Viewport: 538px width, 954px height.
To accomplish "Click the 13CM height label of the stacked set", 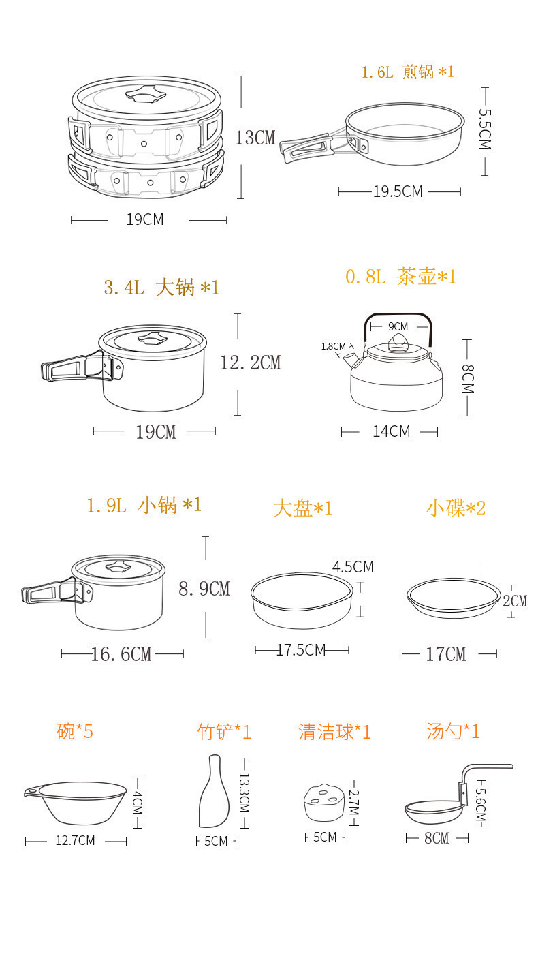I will click(255, 137).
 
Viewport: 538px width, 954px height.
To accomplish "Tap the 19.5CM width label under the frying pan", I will click(398, 191).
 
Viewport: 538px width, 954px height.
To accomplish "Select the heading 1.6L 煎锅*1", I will click(407, 72).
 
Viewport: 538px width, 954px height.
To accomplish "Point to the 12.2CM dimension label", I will click(250, 363).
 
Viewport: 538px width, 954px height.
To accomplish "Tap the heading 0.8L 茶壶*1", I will click(400, 277).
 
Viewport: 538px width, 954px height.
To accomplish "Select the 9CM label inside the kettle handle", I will click(398, 326).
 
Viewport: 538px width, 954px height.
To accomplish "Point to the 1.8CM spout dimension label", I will click(334, 346).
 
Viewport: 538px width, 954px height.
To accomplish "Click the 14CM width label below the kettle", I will click(391, 431).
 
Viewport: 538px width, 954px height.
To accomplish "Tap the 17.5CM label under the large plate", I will click(301, 650).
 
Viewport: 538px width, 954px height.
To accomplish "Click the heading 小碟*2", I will click(456, 508).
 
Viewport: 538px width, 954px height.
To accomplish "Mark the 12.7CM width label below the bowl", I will click(75, 841).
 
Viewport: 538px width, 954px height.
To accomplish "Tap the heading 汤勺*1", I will click(453, 732).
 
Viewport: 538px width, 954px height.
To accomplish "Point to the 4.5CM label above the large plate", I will click(353, 567).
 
